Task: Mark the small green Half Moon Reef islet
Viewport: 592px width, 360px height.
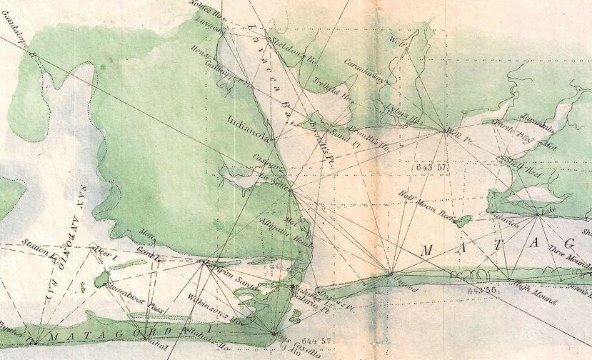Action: coord(463,219)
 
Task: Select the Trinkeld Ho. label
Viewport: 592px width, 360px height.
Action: coord(332,93)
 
